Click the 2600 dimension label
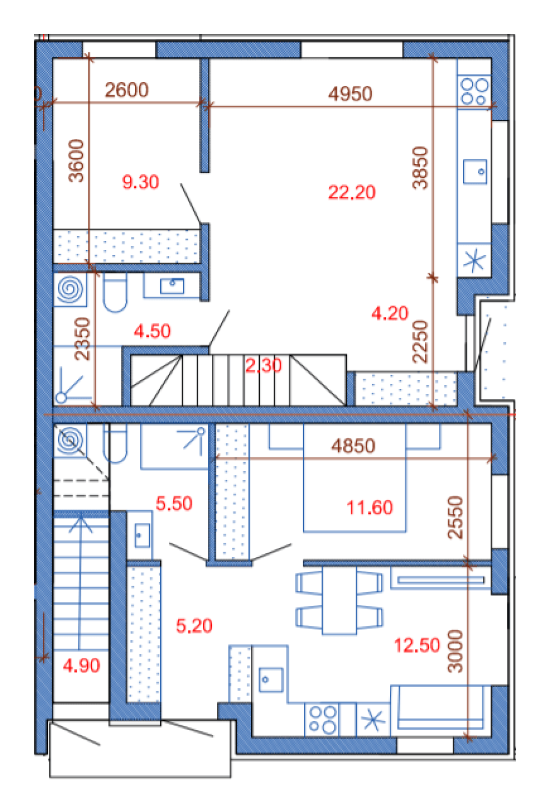(127, 90)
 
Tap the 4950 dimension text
(350, 94)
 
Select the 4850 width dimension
(353, 446)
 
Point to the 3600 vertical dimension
(77, 160)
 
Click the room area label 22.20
(352, 192)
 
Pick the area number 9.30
(140, 182)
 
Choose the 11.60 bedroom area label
(369, 507)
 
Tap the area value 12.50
(417, 645)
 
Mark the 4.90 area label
(81, 665)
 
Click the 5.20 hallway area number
(194, 626)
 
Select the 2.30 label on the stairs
(263, 365)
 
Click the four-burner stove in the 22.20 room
(474, 91)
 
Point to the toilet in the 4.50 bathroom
(115, 292)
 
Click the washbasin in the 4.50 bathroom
(172, 286)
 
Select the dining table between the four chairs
(339, 600)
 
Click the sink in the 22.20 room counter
(475, 171)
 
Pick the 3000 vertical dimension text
(455, 651)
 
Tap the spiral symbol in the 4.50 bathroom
(70, 289)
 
